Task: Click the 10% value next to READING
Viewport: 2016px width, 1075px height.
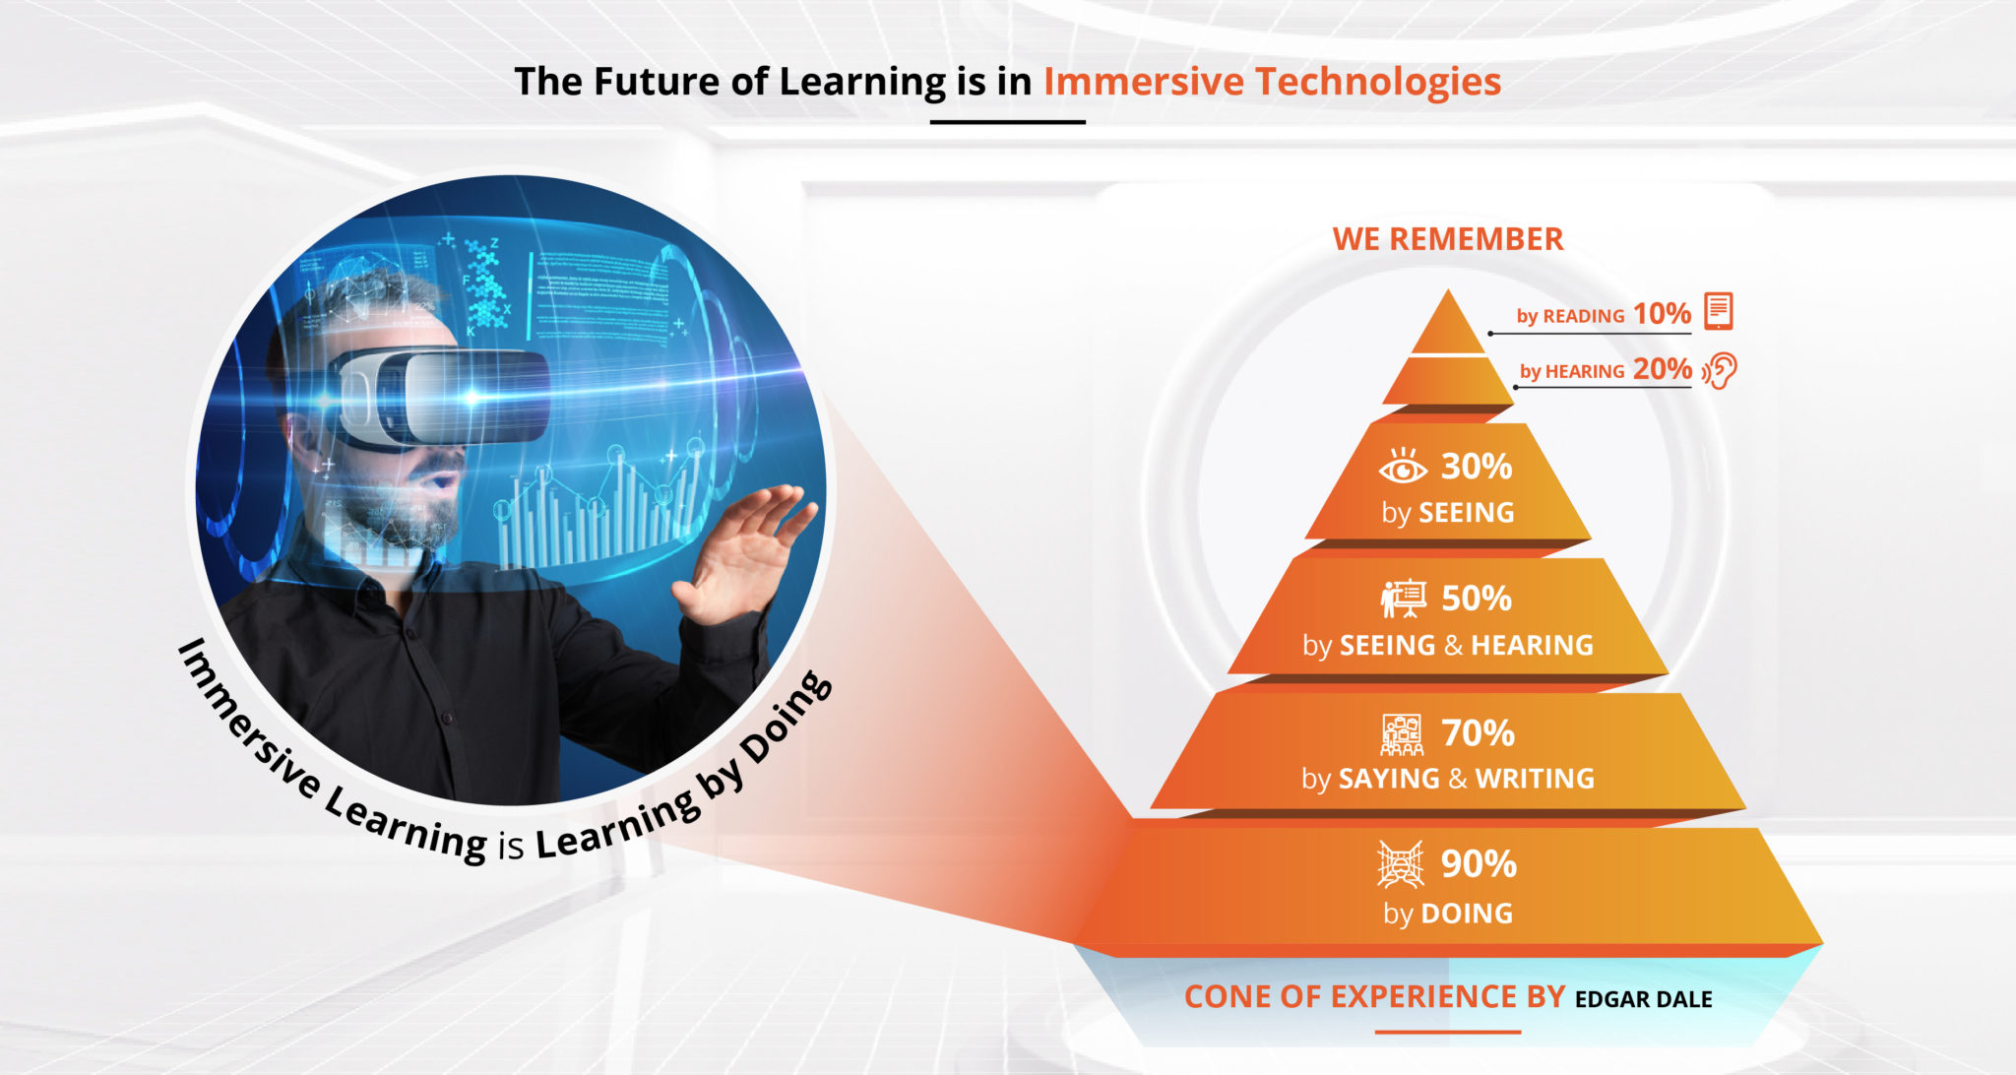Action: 1662,313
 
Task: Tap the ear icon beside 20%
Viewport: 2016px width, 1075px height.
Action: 1722,371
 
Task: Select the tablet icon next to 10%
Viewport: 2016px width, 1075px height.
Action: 1718,311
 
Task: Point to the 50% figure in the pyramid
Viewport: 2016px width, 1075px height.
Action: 1477,599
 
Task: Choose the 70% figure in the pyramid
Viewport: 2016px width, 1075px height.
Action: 1478,733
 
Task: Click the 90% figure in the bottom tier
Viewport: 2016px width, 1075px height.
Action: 1479,864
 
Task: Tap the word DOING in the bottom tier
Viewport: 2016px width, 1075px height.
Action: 1467,914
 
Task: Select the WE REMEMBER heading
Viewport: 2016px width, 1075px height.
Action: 1447,239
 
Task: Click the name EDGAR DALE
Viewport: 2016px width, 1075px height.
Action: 1643,999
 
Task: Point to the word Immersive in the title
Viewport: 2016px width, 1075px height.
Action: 1143,82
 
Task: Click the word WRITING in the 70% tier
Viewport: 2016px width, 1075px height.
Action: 1534,779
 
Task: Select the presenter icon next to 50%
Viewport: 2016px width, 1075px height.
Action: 1403,599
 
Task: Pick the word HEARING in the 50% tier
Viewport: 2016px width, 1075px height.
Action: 1532,645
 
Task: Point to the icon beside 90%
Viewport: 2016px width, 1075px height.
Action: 1400,864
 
